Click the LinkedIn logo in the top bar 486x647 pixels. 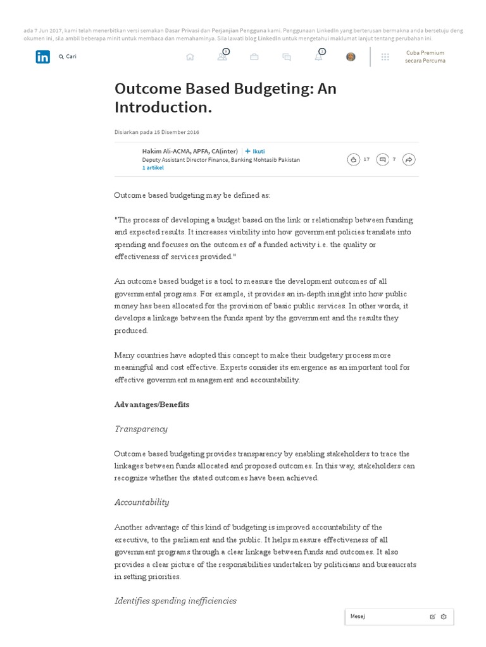pos(42,57)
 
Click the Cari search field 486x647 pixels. pos(71,57)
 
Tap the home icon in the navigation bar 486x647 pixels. pos(190,57)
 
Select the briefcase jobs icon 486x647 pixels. pos(254,57)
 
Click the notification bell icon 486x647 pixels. pos(318,57)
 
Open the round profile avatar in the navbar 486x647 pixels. pos(351,57)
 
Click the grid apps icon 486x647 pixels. pos(385,57)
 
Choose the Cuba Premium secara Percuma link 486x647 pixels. pos(425,57)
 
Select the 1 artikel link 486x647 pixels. pos(153,168)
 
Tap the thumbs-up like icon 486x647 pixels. pos(353,160)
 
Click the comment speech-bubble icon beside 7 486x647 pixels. pos(382,160)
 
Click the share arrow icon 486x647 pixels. pos(409,160)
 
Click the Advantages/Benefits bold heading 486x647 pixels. pos(152,404)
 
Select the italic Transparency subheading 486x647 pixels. pos(141,429)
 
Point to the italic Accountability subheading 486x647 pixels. pos(142,502)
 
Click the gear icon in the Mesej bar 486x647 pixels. pos(444,617)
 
